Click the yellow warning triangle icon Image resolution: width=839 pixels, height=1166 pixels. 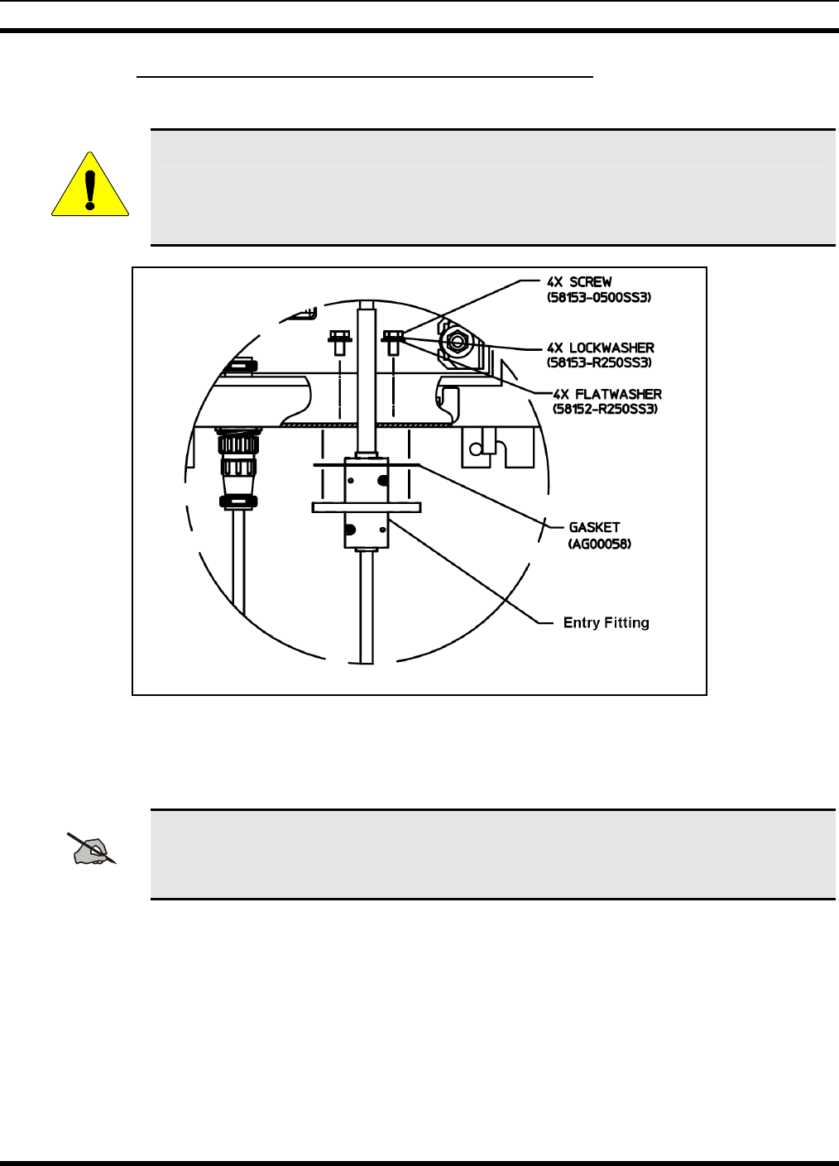(90, 186)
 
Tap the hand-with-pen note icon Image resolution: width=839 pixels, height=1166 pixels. (93, 850)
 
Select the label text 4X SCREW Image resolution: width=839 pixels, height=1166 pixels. (579, 282)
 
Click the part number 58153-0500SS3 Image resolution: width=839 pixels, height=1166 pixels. (599, 297)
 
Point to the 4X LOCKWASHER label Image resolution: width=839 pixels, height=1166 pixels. (601, 348)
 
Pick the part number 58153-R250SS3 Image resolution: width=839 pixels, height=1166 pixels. (600, 363)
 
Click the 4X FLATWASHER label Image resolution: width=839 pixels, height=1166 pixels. (607, 395)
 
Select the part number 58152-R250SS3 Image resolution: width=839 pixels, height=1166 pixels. (605, 409)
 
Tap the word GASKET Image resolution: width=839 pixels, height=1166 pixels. (594, 527)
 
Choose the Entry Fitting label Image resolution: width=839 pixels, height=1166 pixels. (606, 623)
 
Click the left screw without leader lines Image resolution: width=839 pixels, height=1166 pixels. (339, 340)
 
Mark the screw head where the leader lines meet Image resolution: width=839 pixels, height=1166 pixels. (393, 336)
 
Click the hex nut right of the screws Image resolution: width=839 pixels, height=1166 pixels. (455, 341)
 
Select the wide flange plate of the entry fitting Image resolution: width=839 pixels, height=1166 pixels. (366, 507)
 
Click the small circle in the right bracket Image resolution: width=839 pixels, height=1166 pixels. (475, 449)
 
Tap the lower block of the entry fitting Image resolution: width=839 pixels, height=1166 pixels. (366, 530)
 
